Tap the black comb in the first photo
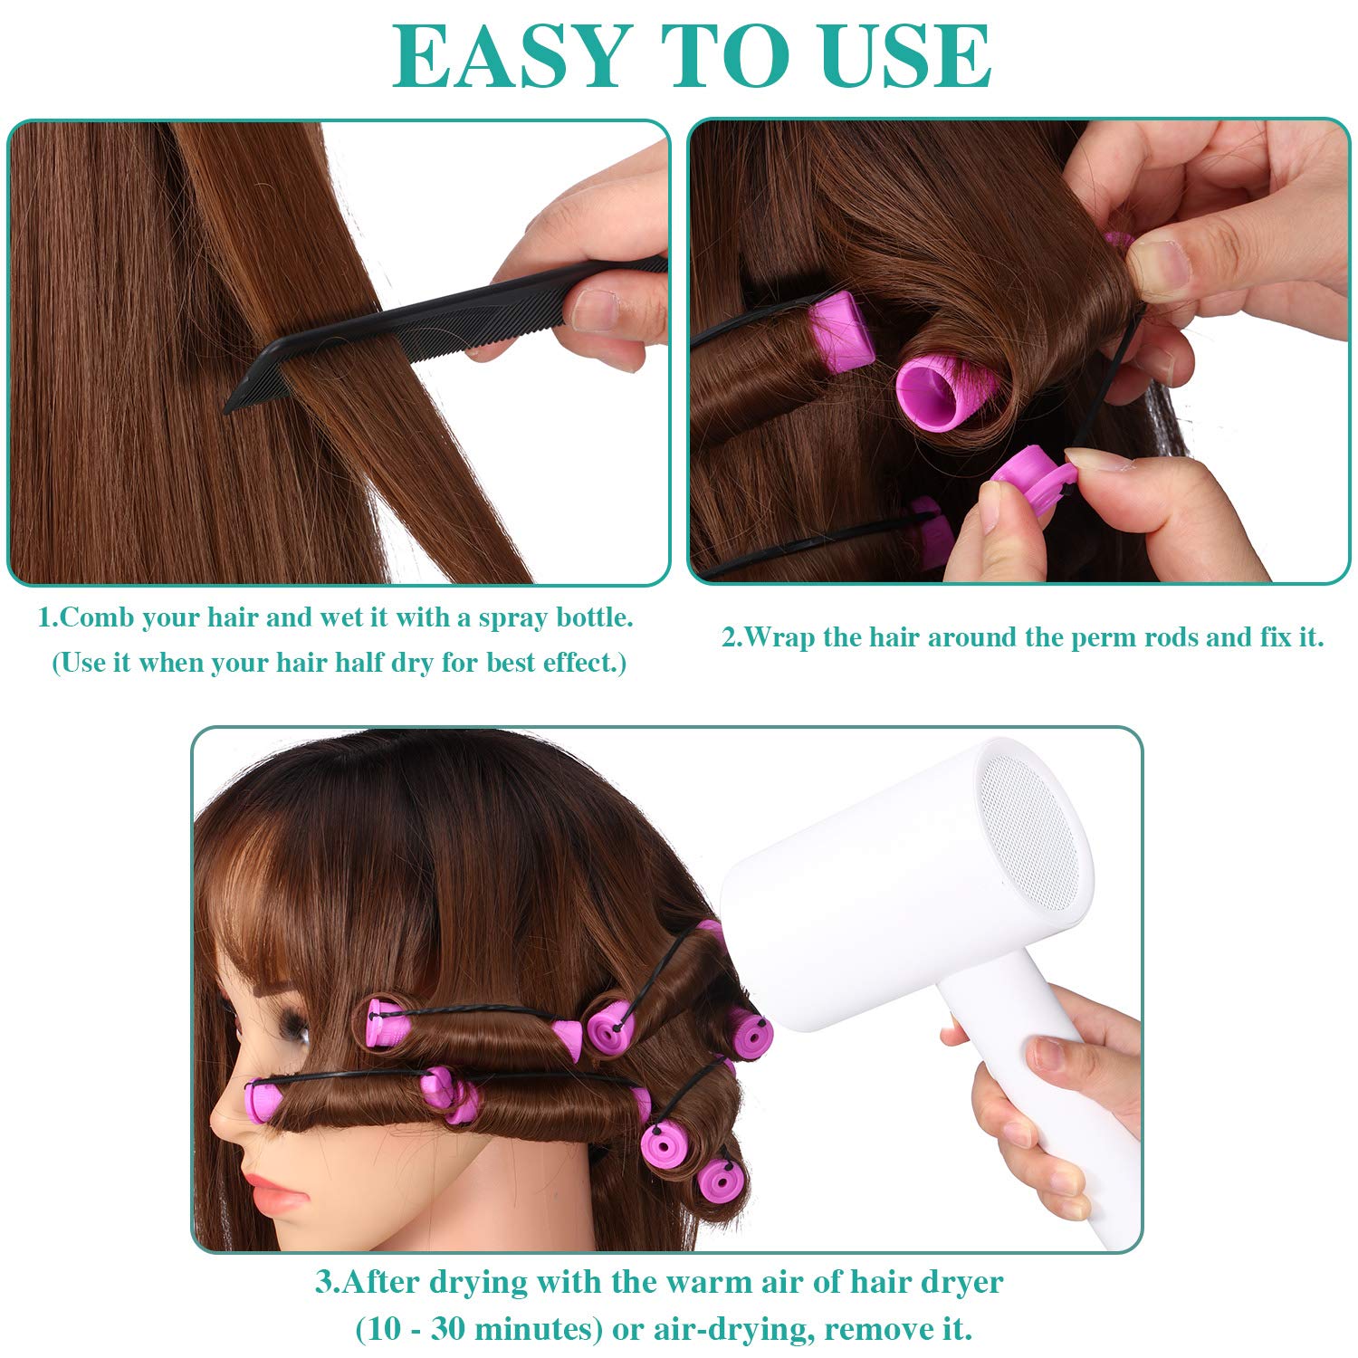pos(444,332)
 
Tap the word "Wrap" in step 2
pos(779,637)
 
